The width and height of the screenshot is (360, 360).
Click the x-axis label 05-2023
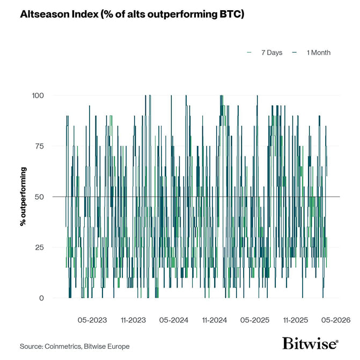(x=92, y=320)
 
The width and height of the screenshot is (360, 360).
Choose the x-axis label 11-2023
(x=133, y=320)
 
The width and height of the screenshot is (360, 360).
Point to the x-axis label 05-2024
(x=173, y=320)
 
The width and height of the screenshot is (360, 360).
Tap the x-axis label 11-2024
(x=214, y=320)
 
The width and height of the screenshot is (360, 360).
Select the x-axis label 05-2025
(x=254, y=320)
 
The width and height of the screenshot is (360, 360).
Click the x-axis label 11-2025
(x=295, y=320)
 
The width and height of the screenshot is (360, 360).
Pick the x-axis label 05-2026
(x=335, y=320)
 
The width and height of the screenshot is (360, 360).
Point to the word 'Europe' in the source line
(x=118, y=346)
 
